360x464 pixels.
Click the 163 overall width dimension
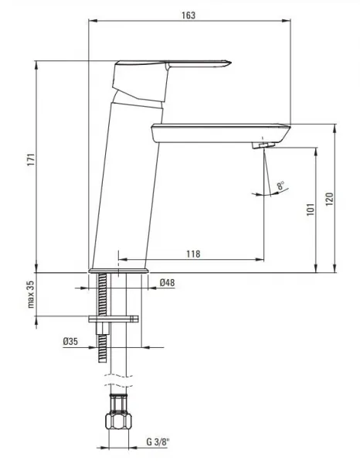(x=188, y=15)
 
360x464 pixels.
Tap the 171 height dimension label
(x=32, y=160)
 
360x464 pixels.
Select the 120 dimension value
(x=329, y=200)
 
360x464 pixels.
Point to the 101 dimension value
(x=311, y=210)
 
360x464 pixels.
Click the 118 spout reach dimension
(x=193, y=254)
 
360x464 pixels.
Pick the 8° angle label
(x=280, y=186)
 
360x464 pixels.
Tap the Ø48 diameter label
(x=167, y=282)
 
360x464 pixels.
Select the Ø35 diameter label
(x=70, y=342)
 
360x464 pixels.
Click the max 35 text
(x=31, y=295)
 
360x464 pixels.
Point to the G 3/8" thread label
(x=158, y=442)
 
